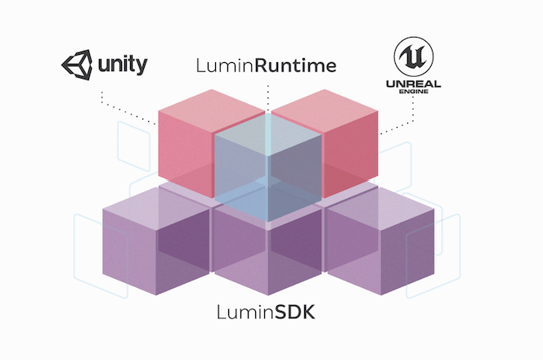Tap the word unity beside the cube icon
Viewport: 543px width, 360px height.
[121, 63]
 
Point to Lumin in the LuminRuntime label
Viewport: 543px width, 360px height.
[224, 66]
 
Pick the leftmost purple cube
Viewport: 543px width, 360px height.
[155, 245]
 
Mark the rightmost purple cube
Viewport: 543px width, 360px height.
[380, 245]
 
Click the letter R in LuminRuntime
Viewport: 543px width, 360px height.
[259, 66]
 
